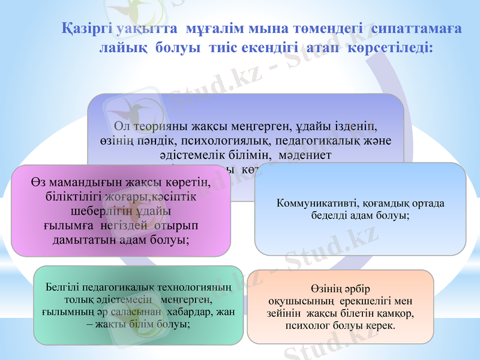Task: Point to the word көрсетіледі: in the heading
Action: [392, 47]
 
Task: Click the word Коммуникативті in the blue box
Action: [314, 203]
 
